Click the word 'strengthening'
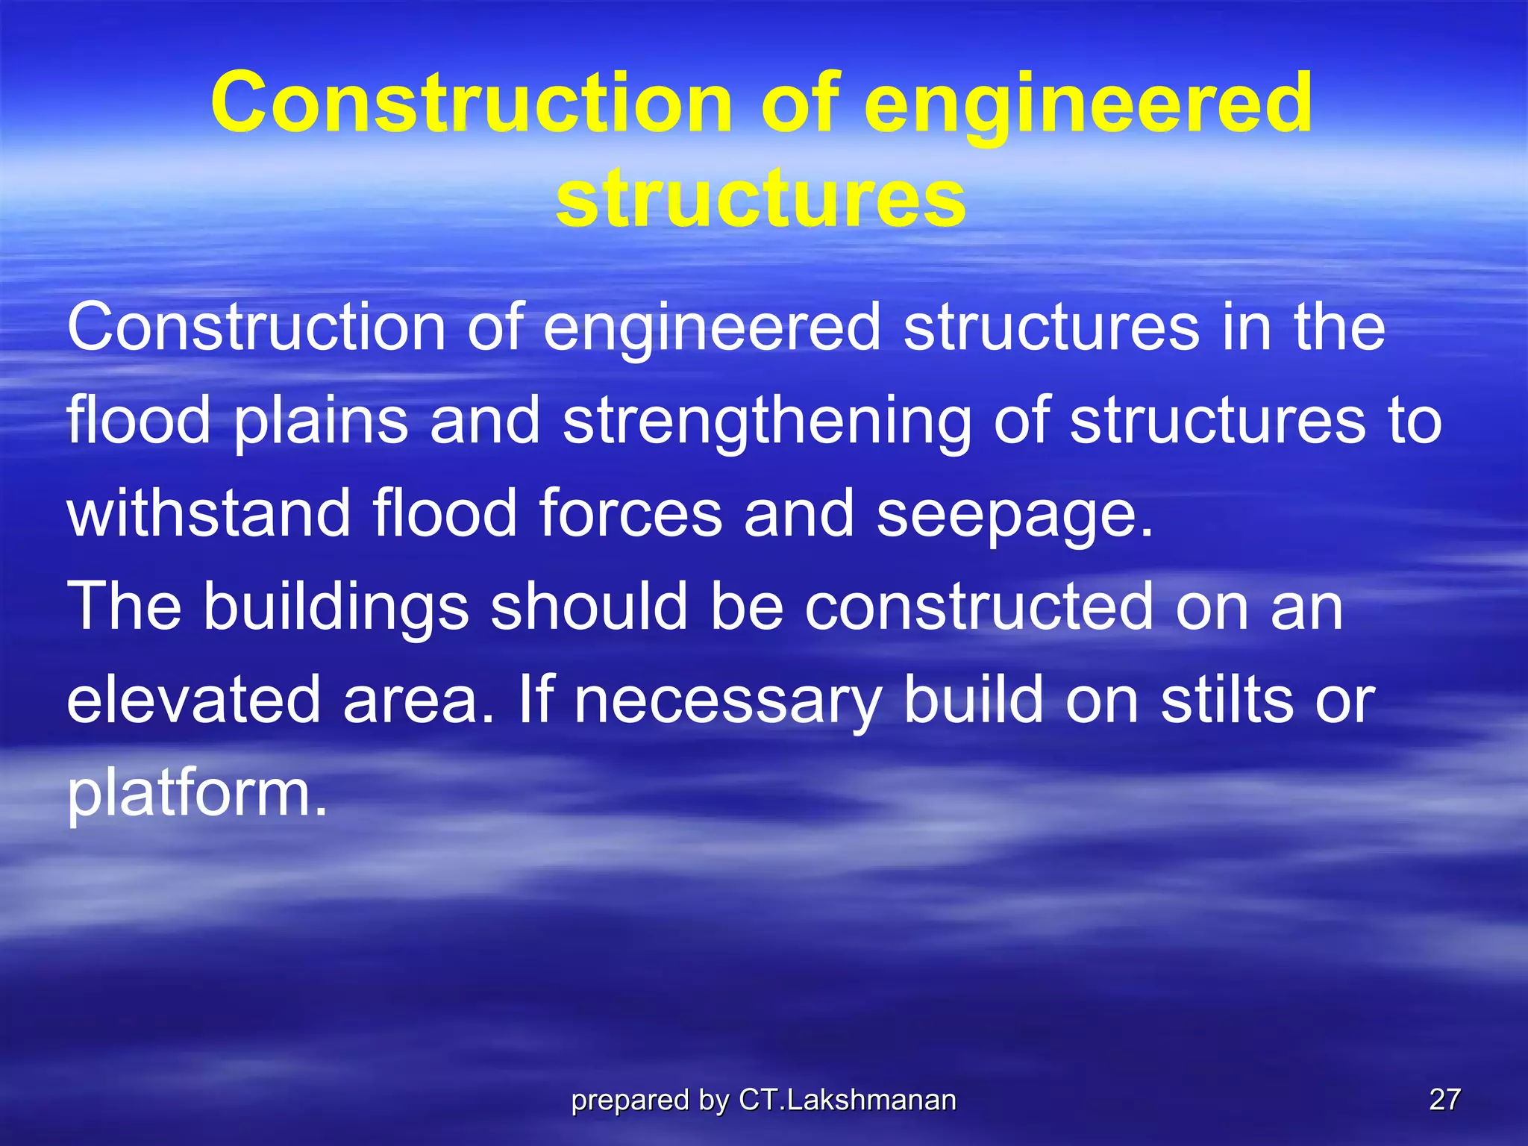pos(767,422)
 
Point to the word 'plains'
pos(321,422)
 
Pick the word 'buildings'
pos(336,609)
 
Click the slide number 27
pos(1444,1100)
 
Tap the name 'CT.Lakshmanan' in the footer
pos(848,1100)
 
